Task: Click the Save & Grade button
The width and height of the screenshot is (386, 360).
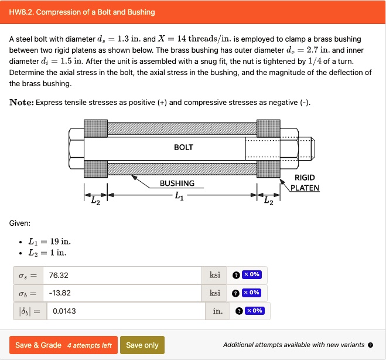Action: [x=63, y=345]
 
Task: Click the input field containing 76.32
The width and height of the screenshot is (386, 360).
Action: [x=123, y=275]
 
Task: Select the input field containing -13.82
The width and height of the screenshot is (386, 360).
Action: [x=123, y=293]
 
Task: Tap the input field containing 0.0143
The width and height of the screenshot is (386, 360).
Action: [x=126, y=311]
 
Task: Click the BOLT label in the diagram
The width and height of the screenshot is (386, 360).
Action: [x=183, y=147]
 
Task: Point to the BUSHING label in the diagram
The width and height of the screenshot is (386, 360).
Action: [x=177, y=183]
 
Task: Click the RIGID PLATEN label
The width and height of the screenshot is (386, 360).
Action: [x=305, y=182]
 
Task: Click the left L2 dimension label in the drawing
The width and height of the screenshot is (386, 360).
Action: [x=96, y=202]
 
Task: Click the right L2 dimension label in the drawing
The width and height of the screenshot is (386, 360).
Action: [x=268, y=202]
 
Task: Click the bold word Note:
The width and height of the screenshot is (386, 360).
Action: [x=22, y=103]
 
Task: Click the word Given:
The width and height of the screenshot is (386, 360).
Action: [x=20, y=223]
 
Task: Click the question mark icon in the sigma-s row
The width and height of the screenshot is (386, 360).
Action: [x=235, y=275]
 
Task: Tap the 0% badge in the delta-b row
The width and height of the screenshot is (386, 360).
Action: [x=254, y=311]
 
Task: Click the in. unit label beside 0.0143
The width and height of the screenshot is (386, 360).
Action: [x=217, y=311]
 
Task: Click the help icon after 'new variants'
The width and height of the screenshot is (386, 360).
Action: [x=370, y=345]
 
